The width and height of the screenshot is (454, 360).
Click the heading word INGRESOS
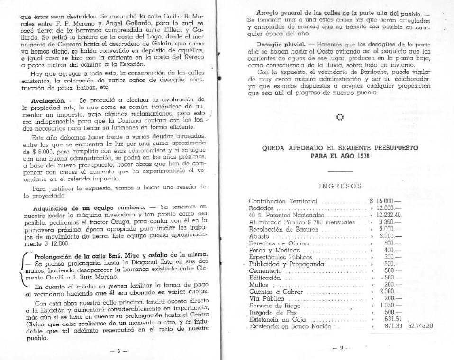pos(340,186)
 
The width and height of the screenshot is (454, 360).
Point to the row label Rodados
pos(262,208)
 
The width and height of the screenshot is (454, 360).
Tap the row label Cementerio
pos(266,270)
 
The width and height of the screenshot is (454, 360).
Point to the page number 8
pos(118,351)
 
